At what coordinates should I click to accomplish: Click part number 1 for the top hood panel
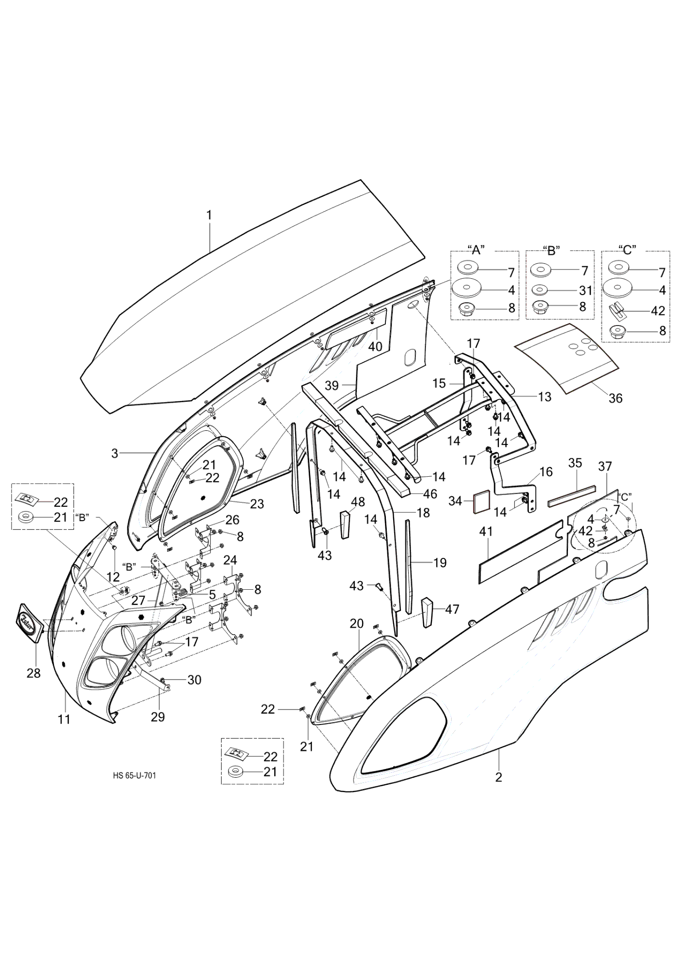[x=209, y=215]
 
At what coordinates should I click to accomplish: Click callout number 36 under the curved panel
[x=615, y=398]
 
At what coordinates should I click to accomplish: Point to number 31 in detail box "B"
[x=585, y=290]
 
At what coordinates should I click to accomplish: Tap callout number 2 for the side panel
[x=498, y=777]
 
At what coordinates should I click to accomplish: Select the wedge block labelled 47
[x=427, y=613]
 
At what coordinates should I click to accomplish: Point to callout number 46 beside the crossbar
[x=430, y=494]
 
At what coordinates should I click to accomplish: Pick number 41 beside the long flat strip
[x=486, y=532]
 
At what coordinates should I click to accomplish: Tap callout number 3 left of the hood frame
[x=114, y=453]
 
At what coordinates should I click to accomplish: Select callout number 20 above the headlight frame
[x=356, y=624]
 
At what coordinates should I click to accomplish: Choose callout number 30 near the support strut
[x=194, y=680]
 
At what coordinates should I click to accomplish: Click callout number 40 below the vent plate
[x=375, y=346]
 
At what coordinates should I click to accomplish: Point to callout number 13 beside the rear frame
[x=544, y=397]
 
